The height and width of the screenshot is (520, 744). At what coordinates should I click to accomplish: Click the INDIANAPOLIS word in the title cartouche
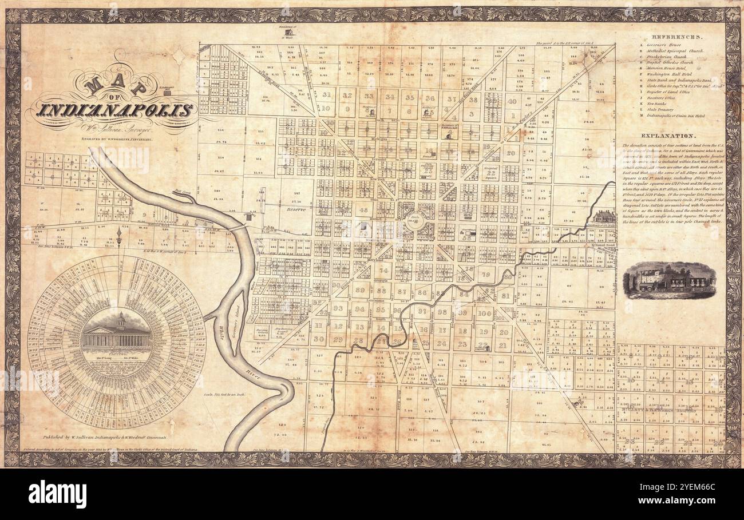click(x=114, y=109)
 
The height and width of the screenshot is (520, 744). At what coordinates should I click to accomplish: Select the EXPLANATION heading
click(x=667, y=136)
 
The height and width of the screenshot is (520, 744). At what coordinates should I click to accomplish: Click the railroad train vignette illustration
click(x=670, y=281)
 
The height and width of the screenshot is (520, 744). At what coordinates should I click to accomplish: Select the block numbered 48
click(x=363, y=211)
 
